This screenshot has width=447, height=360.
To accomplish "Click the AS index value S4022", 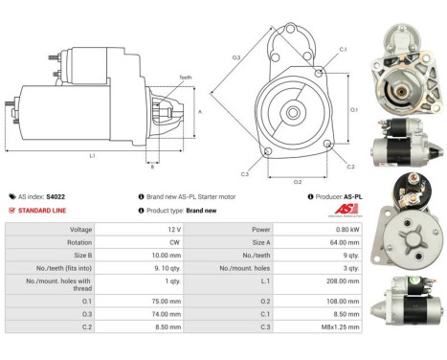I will [x=56, y=195].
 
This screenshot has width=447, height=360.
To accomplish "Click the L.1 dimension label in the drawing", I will [x=91, y=156].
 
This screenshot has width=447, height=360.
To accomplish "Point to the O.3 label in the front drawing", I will [x=235, y=59].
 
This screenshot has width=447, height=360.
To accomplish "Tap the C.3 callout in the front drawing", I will [x=244, y=173].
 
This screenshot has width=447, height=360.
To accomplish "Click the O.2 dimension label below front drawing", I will [x=298, y=180].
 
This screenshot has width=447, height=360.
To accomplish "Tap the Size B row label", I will [x=81, y=257].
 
